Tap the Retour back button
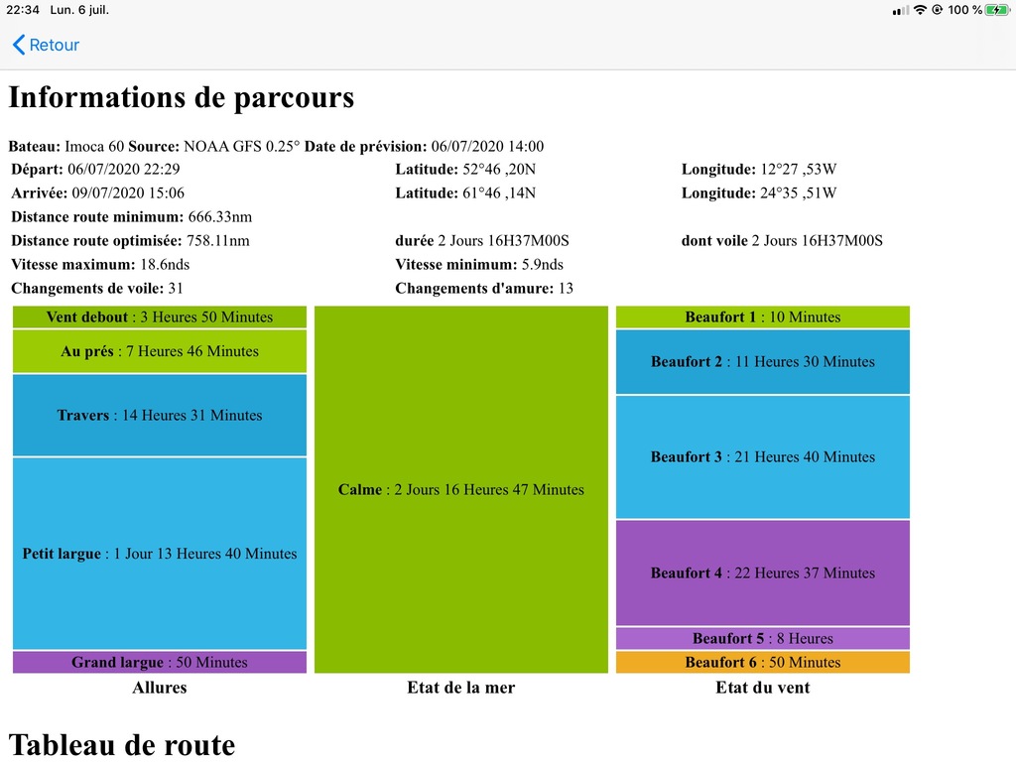[46, 45]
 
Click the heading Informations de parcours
[182, 98]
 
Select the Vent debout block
[160, 317]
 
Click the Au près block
[160, 351]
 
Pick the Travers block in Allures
[160, 416]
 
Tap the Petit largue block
[160, 554]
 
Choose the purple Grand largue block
[160, 662]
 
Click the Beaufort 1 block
[763, 317]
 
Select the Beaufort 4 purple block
[763, 572]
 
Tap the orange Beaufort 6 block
[763, 662]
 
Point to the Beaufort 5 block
[763, 638]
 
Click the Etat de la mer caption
[460, 688]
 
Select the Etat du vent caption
[763, 688]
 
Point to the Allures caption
[160, 688]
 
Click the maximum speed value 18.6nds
[165, 264]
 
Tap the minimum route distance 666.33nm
[220, 217]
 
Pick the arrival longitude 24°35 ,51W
[799, 193]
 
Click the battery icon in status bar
[997, 10]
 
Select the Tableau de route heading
[122, 745]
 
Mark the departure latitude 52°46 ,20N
[499, 169]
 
